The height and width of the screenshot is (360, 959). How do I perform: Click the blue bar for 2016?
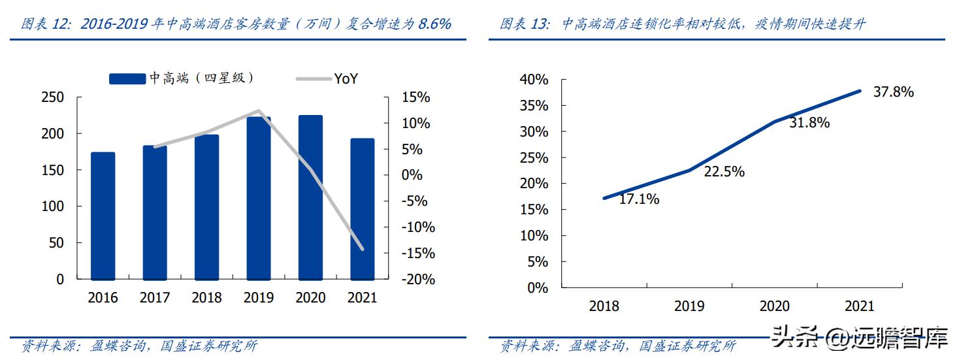(x=103, y=216)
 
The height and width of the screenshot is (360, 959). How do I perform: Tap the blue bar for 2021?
(x=363, y=209)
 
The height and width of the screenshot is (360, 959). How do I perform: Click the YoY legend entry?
(x=346, y=79)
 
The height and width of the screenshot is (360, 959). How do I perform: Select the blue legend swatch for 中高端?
(x=127, y=79)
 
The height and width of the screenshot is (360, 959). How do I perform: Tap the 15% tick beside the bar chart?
(x=416, y=97)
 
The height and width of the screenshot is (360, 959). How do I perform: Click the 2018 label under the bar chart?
(x=206, y=298)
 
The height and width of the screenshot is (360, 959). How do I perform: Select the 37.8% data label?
(x=893, y=92)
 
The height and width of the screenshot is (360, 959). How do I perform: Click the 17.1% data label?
(x=639, y=200)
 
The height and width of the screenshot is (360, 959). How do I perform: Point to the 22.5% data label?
(x=724, y=172)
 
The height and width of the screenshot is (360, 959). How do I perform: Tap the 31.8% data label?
(x=809, y=122)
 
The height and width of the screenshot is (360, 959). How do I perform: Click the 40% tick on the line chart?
(x=534, y=80)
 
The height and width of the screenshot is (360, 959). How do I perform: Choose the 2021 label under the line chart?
(x=859, y=306)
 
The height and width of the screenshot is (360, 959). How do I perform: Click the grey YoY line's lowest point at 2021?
(x=363, y=249)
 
